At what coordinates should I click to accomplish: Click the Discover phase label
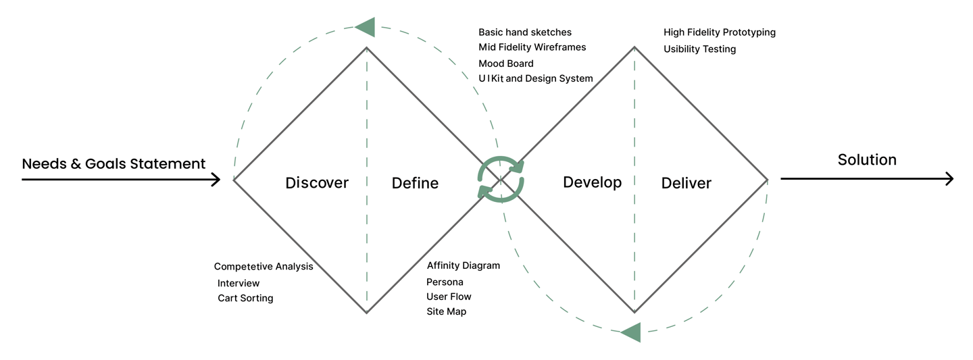pyautogui.click(x=317, y=183)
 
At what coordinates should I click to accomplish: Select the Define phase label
pyautogui.click(x=415, y=183)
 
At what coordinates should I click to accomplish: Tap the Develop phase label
pyautogui.click(x=592, y=183)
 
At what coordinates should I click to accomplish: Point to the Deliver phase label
pyautogui.click(x=687, y=183)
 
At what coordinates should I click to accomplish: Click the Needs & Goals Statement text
pyautogui.click(x=114, y=163)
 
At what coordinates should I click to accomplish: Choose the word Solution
pyautogui.click(x=867, y=160)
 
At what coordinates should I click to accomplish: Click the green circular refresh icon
pyautogui.click(x=501, y=180)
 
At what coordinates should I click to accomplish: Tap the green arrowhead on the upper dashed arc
pyautogui.click(x=366, y=28)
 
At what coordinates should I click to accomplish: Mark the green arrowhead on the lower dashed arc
pyautogui.click(x=630, y=332)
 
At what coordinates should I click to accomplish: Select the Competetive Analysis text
pyautogui.click(x=264, y=266)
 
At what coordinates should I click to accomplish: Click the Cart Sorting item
pyautogui.click(x=245, y=299)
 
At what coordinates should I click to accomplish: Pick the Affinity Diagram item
pyautogui.click(x=463, y=265)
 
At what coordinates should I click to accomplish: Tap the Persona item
pyautogui.click(x=445, y=282)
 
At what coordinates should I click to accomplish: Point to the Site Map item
pyautogui.click(x=446, y=311)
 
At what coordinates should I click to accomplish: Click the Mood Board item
pyautogui.click(x=505, y=63)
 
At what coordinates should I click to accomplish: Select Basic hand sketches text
pyautogui.click(x=525, y=32)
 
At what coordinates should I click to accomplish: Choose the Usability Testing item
pyautogui.click(x=699, y=49)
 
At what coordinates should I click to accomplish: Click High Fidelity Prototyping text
pyautogui.click(x=720, y=32)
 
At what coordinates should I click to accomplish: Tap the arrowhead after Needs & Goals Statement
pyautogui.click(x=216, y=180)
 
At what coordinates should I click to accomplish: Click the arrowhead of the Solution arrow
pyautogui.click(x=949, y=178)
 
